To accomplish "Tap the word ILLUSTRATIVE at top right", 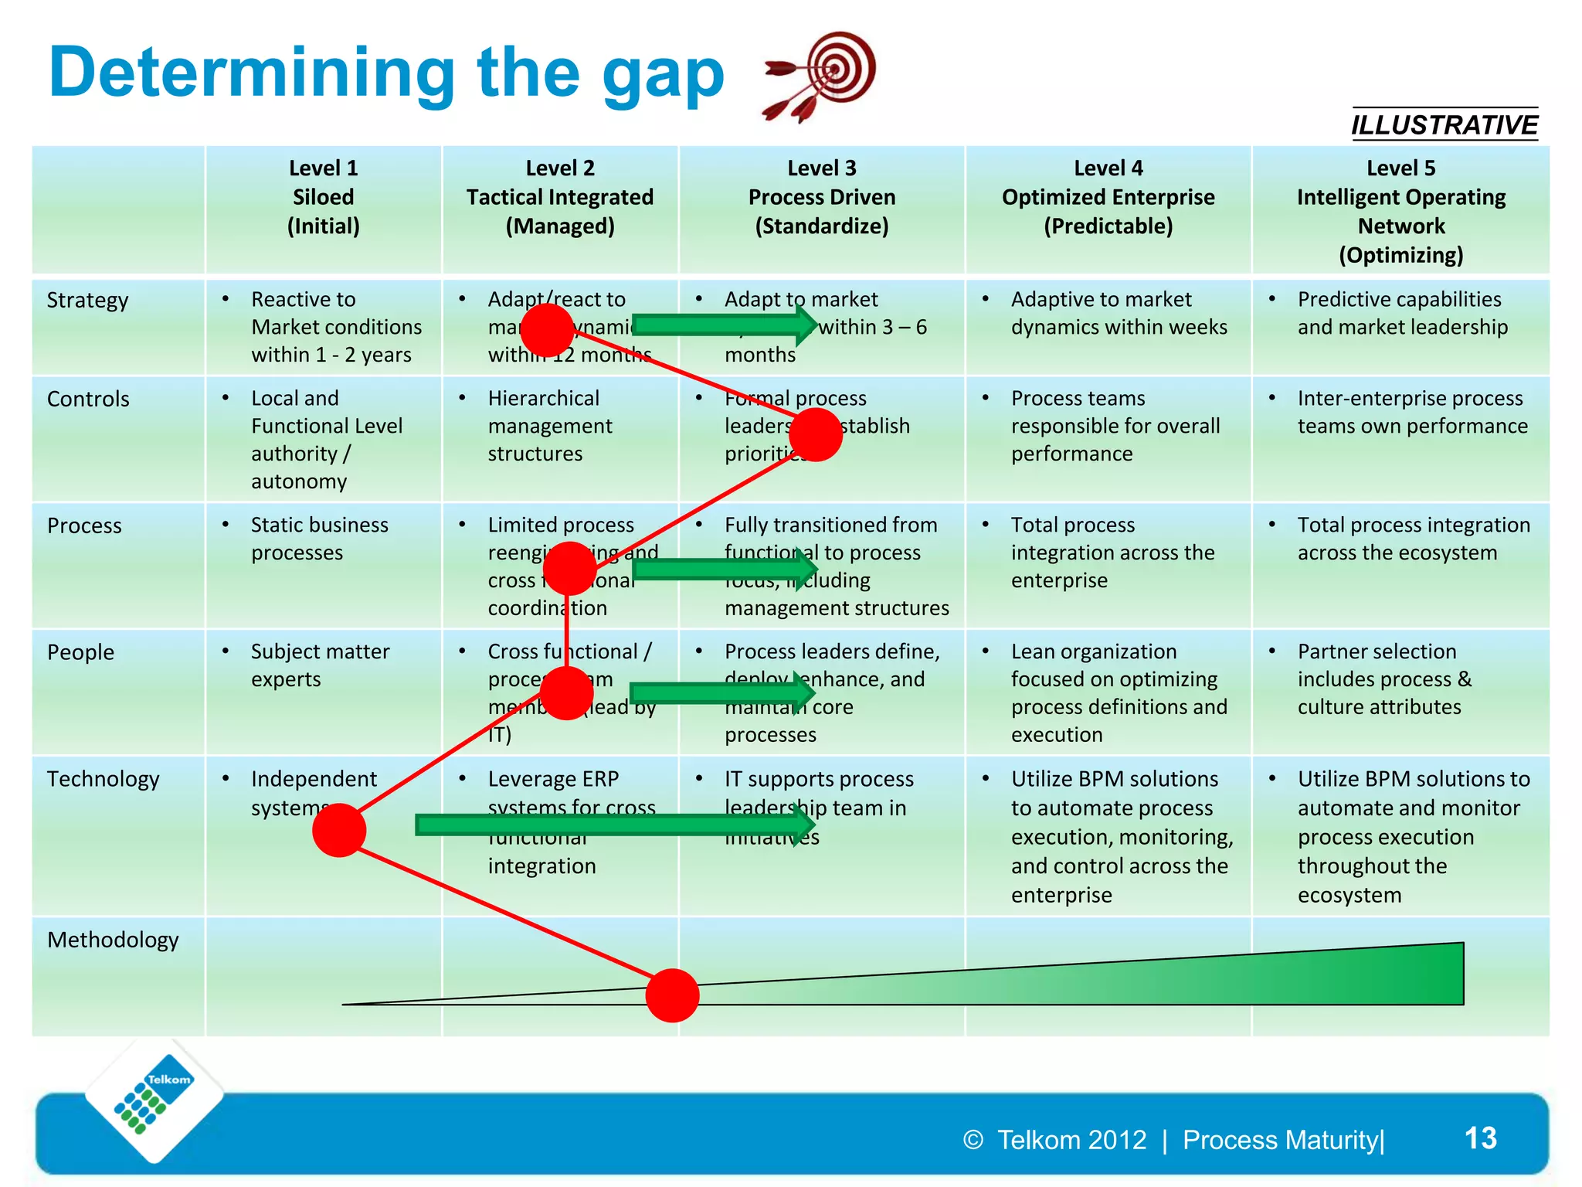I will tap(1444, 125).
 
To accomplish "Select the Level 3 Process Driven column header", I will tap(821, 197).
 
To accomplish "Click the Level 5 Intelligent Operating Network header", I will tap(1400, 211).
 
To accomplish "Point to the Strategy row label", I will tap(87, 300).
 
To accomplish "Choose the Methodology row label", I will tap(113, 940).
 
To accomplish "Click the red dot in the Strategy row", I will tap(547, 330).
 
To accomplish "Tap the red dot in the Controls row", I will tap(816, 435).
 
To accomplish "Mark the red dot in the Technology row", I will tap(339, 830).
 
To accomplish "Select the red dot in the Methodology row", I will tap(672, 995).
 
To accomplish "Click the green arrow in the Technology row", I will tap(610, 825).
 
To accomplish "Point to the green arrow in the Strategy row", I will tap(722, 325).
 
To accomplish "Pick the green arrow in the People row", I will tap(718, 692).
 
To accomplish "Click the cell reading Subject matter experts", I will tap(320, 665).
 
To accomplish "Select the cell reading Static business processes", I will tap(319, 539).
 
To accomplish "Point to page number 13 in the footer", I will tap(1480, 1138).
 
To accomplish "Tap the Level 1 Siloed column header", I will tap(323, 197).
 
